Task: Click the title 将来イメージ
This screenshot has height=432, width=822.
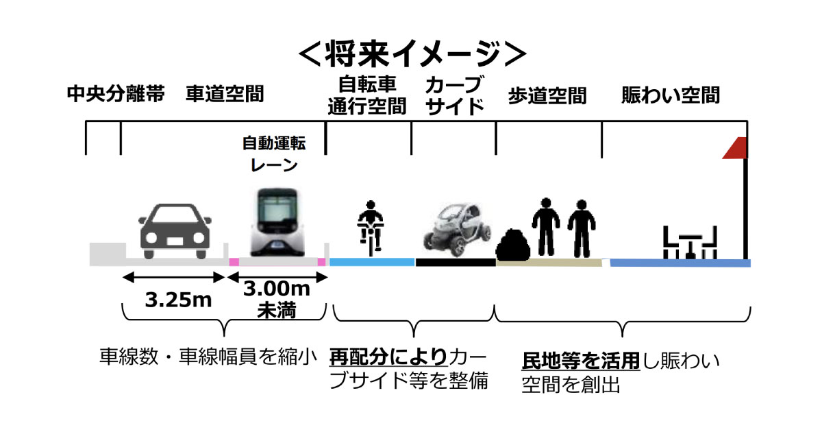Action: click(x=412, y=54)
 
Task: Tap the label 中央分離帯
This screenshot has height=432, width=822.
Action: click(x=116, y=94)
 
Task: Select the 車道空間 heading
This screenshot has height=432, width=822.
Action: click(x=225, y=94)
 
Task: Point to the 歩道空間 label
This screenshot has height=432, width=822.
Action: click(x=547, y=96)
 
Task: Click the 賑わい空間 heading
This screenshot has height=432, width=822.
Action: click(x=671, y=95)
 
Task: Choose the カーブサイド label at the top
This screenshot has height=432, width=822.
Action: click(x=455, y=95)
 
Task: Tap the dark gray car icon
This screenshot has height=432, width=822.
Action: click(x=175, y=231)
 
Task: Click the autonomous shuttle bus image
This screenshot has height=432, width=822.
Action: click(x=277, y=222)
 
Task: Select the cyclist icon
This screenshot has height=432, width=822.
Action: click(x=371, y=228)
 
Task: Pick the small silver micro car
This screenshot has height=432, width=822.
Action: click(x=458, y=229)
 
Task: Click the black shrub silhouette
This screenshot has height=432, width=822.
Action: click(x=512, y=244)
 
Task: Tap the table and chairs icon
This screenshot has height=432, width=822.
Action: click(x=690, y=243)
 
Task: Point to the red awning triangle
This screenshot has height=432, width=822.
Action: click(x=735, y=148)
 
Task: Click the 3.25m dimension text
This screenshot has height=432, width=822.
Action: click(x=178, y=300)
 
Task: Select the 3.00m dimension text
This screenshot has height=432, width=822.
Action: click(x=277, y=289)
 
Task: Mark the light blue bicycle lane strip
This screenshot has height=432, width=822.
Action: click(x=372, y=262)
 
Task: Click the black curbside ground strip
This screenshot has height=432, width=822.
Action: click(x=456, y=262)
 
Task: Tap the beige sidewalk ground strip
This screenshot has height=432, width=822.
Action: click(x=549, y=262)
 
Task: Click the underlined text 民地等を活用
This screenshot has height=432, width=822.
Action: click(x=581, y=361)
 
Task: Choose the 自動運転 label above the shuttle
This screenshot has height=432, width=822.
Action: click(x=274, y=143)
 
